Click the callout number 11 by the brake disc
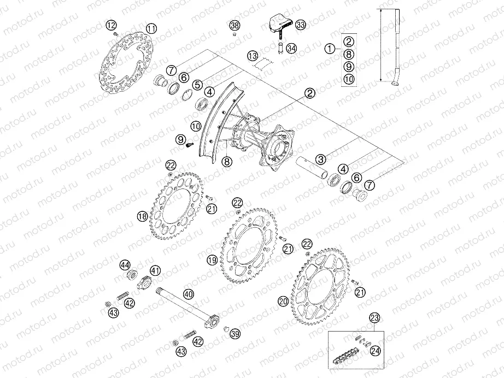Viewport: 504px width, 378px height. (151, 28)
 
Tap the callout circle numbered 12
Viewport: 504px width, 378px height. (111, 25)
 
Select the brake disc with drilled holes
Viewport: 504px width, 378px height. (128, 67)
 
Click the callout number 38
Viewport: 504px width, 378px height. (235, 26)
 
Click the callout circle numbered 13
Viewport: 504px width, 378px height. (252, 56)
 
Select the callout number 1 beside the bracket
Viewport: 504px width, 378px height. (330, 48)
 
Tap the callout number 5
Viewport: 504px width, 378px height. (196, 84)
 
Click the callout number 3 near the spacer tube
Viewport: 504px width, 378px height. (320, 159)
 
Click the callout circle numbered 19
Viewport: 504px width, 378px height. (212, 261)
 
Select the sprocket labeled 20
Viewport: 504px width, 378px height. (322, 289)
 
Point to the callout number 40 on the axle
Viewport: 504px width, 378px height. (188, 294)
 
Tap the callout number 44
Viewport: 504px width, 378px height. (125, 264)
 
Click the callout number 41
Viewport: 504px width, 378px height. (156, 270)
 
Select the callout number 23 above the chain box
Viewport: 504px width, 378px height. (374, 316)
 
